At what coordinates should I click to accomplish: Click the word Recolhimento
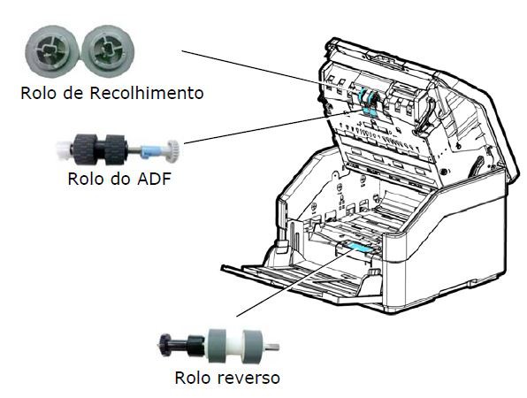tap(146, 93)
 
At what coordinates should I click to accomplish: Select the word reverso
tap(248, 378)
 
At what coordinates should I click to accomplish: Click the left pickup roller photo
tap(53, 51)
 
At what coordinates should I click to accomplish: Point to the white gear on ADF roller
tap(172, 151)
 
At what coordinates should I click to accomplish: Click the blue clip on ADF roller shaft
tap(147, 151)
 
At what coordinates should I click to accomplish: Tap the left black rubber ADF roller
tap(85, 149)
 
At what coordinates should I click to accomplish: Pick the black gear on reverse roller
tap(164, 345)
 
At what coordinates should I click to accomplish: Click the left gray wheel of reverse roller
tap(218, 346)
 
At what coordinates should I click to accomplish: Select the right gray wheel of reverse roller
tap(253, 346)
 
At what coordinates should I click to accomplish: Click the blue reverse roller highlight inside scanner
tap(358, 248)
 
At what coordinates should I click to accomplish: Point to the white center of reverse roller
tap(235, 346)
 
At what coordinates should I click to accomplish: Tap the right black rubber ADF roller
tap(115, 149)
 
